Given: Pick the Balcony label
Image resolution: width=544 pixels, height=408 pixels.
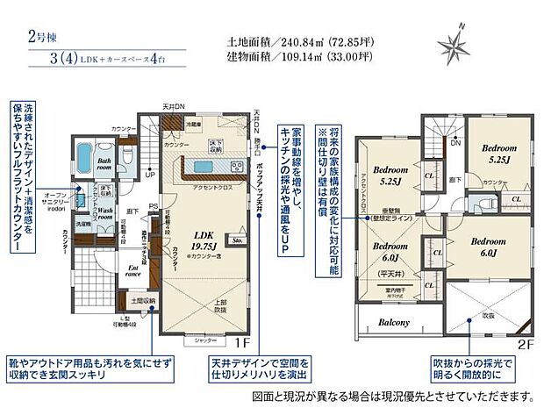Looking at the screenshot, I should point(396,322).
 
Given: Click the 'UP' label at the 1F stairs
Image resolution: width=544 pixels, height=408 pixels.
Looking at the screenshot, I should point(150,174).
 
